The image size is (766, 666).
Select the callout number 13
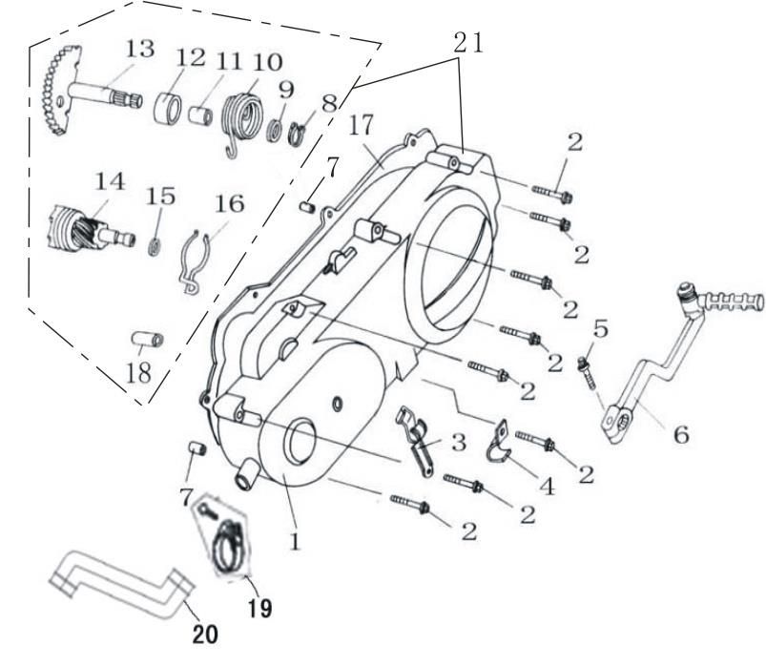coord(140,49)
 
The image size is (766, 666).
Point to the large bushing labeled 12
coord(168,109)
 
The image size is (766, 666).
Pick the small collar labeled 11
coord(200,115)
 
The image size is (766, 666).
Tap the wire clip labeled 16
coord(195,261)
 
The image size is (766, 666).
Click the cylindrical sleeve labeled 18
coord(148,340)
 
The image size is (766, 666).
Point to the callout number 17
coord(362,125)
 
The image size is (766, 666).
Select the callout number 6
coord(681,434)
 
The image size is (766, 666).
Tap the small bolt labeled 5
coord(587,372)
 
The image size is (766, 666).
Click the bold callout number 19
coord(259,609)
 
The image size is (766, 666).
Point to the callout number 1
coord(295,541)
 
